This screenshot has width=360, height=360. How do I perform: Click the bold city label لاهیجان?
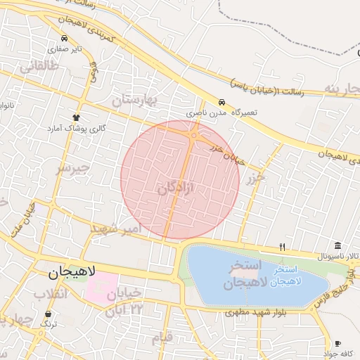click(73, 271)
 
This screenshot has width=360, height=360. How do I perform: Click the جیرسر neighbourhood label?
click(74, 168)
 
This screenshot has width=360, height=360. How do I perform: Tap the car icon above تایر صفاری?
click(65, 38)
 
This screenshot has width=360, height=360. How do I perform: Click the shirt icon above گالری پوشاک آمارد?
click(76, 117)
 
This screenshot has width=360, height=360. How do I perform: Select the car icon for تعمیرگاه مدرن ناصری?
click(222, 101)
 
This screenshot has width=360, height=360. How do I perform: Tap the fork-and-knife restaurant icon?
click(282, 247)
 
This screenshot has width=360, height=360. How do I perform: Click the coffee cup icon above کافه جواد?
click(338, 343)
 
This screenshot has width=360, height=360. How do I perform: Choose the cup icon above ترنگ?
click(48, 314)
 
